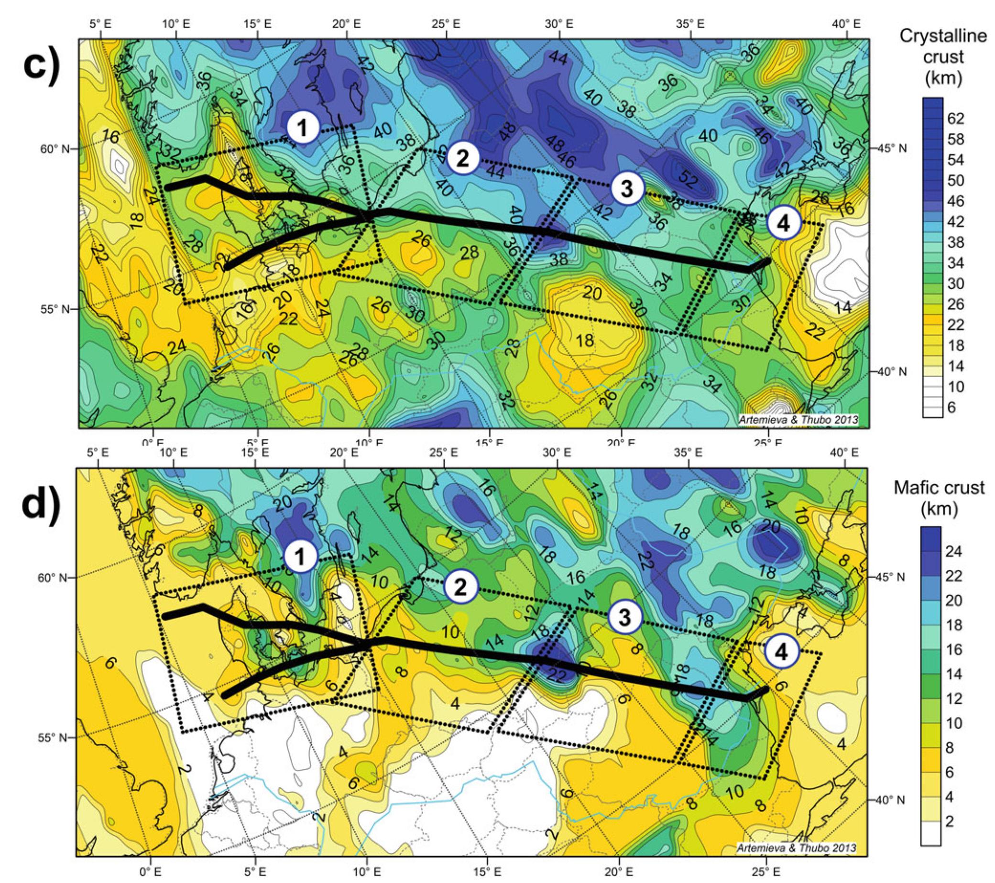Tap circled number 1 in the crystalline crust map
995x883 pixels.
[303, 129]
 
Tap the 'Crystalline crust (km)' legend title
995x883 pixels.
[943, 57]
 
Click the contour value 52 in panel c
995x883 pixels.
[689, 180]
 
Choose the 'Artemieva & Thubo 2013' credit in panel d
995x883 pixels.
[797, 848]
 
